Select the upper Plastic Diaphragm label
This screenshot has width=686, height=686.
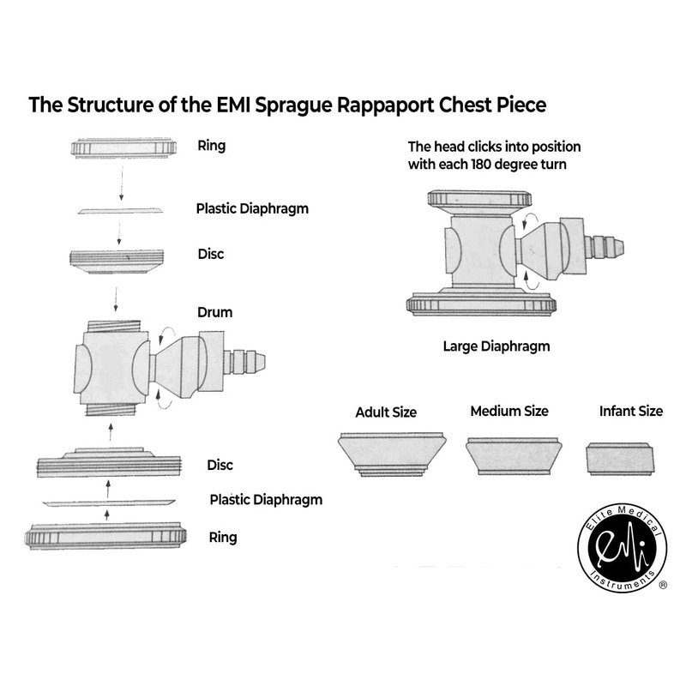point(252,208)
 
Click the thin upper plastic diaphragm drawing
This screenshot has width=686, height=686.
point(119,210)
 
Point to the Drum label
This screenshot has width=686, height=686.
point(214,312)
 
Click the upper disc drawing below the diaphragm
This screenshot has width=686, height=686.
point(117,261)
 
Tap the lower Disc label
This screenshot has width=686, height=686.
point(220,465)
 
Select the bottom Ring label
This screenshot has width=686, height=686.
point(223,538)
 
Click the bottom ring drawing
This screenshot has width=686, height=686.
point(106,537)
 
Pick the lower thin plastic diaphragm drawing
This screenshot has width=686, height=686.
point(107,502)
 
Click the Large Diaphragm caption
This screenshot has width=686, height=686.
point(496,346)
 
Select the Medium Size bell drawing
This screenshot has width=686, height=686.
point(512,455)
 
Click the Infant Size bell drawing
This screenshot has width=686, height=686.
point(620,458)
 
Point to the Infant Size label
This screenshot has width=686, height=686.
point(631,411)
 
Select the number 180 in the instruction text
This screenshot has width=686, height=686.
point(482,164)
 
